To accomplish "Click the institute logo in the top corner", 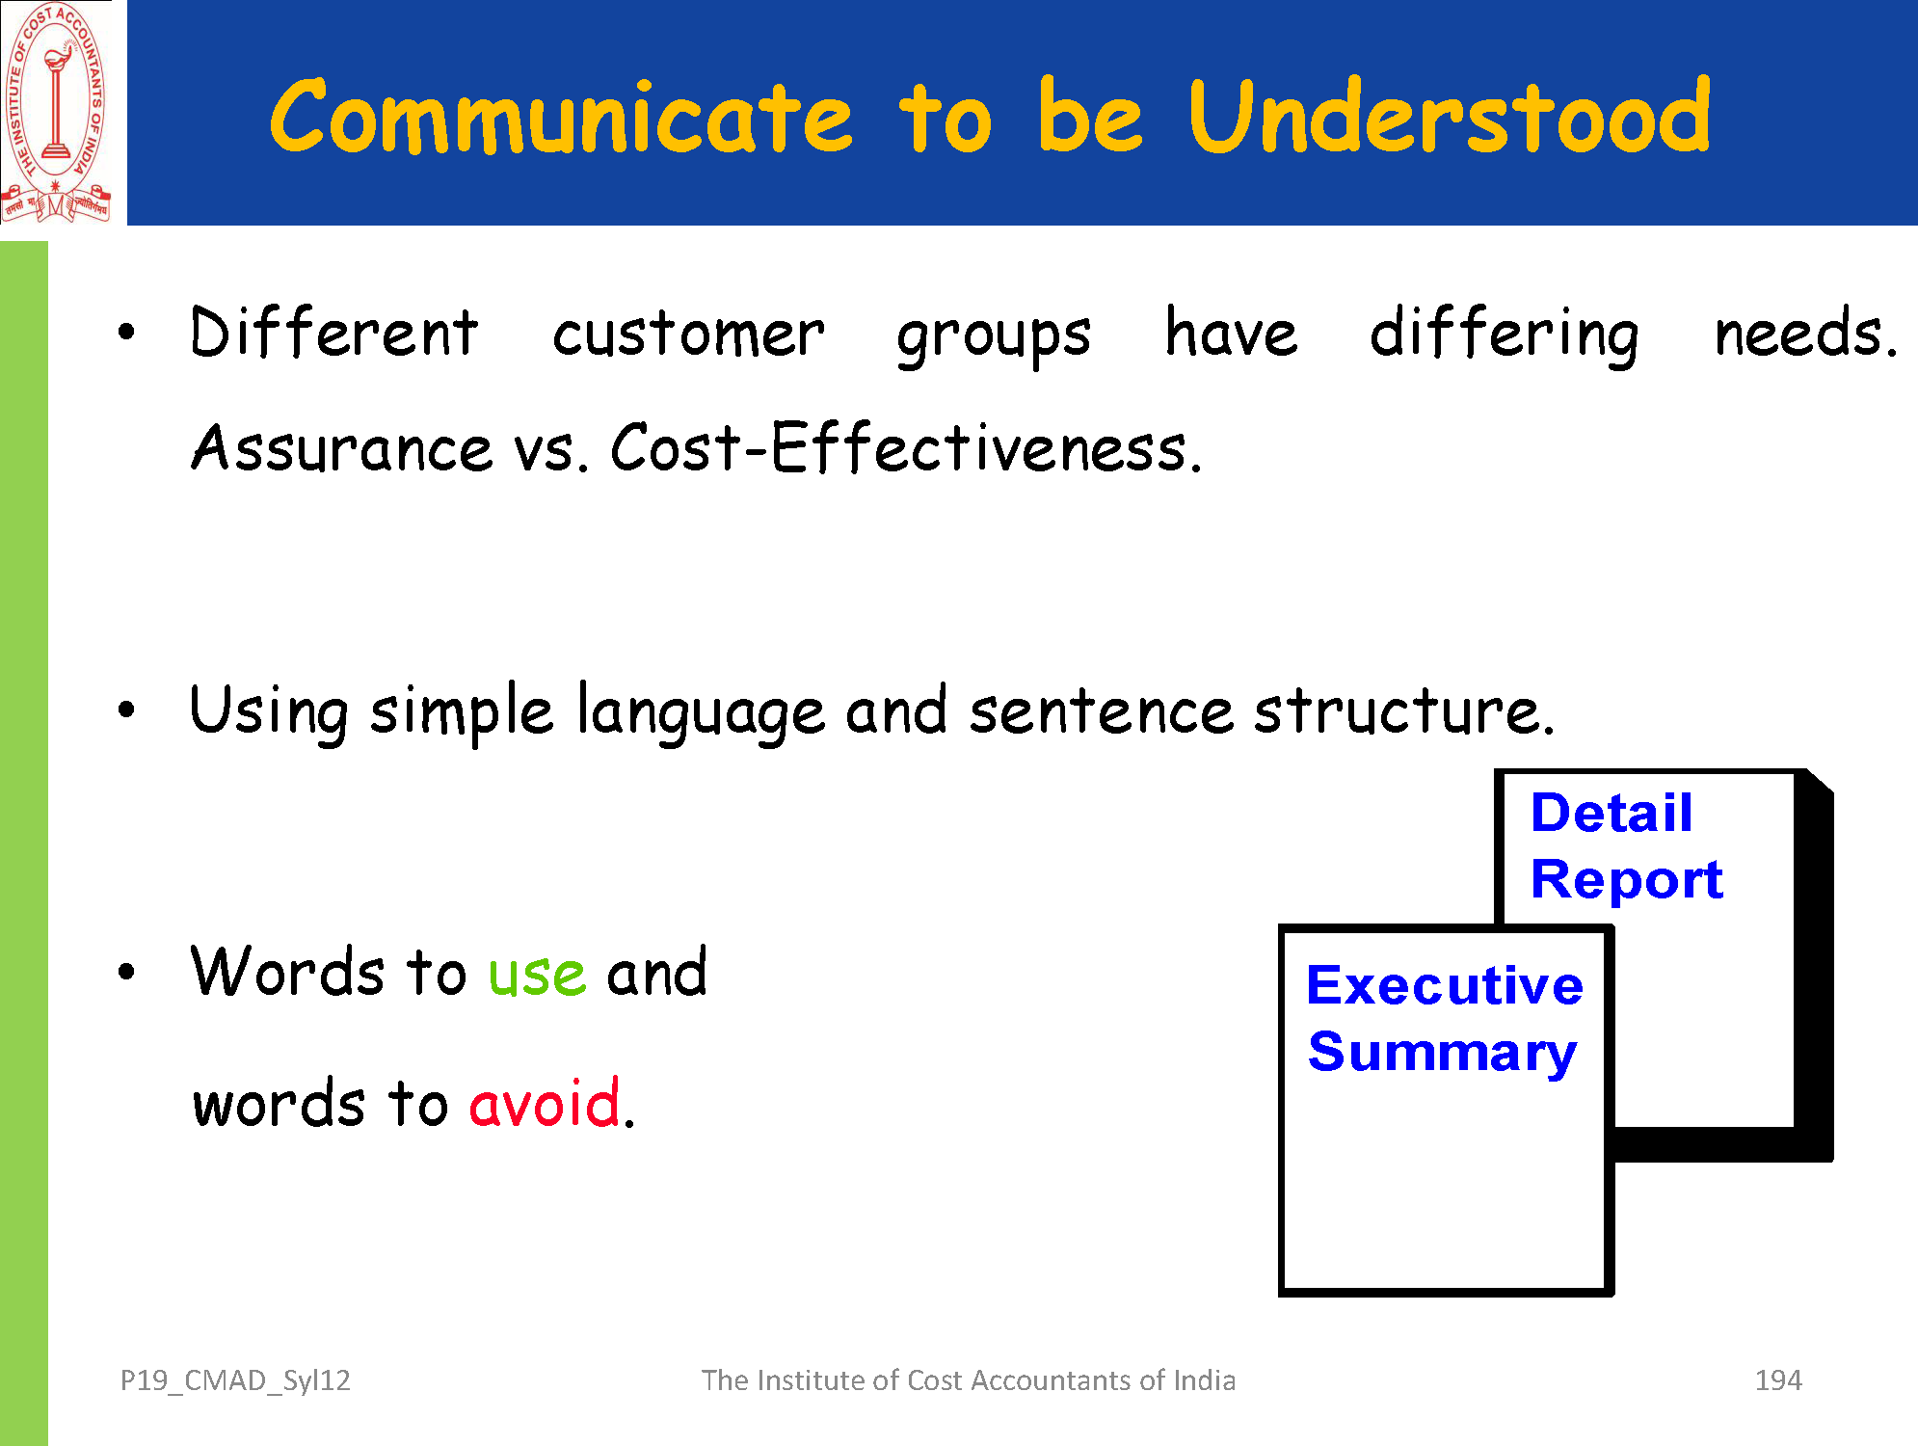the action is (56, 112).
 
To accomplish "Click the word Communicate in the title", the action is (561, 117).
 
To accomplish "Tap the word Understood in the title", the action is (1450, 115).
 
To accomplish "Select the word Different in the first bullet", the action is (333, 333).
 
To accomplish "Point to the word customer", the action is (688, 335).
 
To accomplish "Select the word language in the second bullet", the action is (701, 712).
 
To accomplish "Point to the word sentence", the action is (1101, 712).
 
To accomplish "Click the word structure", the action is (1404, 711).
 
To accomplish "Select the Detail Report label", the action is (1627, 845).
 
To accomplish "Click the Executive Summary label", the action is (1444, 1018).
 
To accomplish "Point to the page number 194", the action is (1778, 1380).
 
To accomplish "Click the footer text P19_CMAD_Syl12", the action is (235, 1381).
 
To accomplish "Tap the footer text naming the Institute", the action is (968, 1380).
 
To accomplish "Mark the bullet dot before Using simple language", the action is (126, 710).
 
